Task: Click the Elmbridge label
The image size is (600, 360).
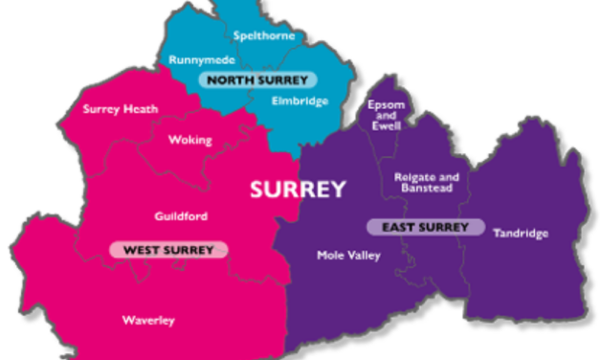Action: (x=300, y=101)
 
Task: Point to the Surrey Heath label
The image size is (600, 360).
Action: (x=114, y=108)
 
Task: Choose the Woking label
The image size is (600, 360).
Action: (x=189, y=140)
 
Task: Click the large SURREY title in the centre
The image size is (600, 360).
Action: (x=298, y=190)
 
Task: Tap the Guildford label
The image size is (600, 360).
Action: (x=181, y=216)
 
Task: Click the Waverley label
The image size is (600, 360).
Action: (x=148, y=320)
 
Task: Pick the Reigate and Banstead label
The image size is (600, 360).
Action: (x=427, y=183)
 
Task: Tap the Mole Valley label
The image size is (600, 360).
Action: (x=348, y=256)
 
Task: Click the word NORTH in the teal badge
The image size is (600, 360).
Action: (x=232, y=79)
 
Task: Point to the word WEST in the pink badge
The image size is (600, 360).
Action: (x=141, y=250)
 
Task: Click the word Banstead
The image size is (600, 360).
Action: (x=427, y=189)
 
